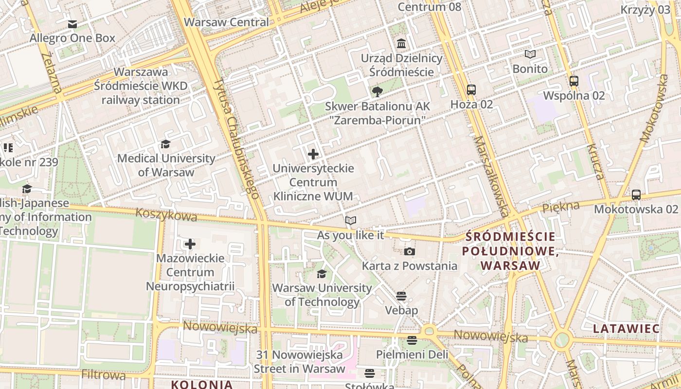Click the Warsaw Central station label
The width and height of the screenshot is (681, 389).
pos(226,22)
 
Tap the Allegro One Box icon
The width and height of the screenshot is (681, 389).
pos(72,24)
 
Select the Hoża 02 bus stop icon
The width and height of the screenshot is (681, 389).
pos(471,90)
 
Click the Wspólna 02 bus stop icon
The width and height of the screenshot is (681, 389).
pos(574,81)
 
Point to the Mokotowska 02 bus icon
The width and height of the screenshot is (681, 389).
pos(636,195)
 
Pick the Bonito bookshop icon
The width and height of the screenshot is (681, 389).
pos(530,54)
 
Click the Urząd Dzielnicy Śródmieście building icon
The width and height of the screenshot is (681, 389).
pos(401,44)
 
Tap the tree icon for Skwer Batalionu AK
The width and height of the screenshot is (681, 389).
pos(377,92)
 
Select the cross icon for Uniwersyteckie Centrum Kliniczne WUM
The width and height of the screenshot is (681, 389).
pos(313,154)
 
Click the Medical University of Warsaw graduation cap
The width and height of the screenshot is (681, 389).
pos(166,144)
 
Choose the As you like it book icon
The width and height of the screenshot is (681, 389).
pos(350,221)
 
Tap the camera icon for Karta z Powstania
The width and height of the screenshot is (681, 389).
pos(410,251)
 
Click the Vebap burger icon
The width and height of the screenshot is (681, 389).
pos(401,296)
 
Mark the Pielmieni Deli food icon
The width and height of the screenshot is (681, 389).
pos(412,340)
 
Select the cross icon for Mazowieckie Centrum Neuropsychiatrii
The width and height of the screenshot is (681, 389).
pos(190,244)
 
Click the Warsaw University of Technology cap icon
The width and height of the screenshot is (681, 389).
pos(322,274)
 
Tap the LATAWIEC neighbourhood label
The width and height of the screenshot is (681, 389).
pos(626,328)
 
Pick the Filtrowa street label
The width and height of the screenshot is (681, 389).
pos(104,375)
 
